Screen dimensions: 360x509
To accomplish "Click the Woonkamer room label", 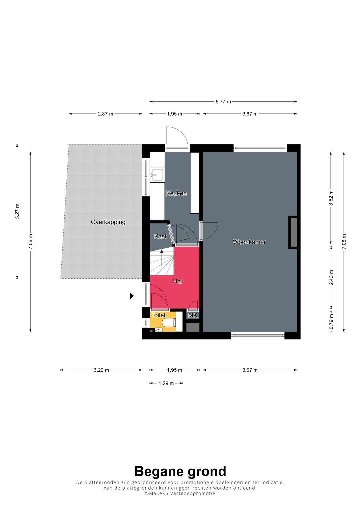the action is pyautogui.click(x=249, y=242).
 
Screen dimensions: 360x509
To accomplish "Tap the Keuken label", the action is pyautogui.click(x=176, y=193).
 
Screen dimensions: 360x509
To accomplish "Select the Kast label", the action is pyautogui.click(x=160, y=236).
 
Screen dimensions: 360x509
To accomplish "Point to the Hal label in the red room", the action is pyautogui.click(x=177, y=281).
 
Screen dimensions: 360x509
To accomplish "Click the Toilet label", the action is pyautogui.click(x=158, y=315).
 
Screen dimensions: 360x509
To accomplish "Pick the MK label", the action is pyautogui.click(x=193, y=315).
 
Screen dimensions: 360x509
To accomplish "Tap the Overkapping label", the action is pyautogui.click(x=108, y=222).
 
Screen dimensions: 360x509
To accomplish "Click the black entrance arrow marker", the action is pyautogui.click(x=132, y=296).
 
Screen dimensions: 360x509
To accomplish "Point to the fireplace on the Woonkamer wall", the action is pyautogui.click(x=293, y=232).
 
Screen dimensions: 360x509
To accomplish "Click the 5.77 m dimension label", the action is pyautogui.click(x=223, y=102).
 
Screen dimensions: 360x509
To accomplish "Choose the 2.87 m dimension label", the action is pyautogui.click(x=105, y=114).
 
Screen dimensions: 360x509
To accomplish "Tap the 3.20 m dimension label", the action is pyautogui.click(x=101, y=370).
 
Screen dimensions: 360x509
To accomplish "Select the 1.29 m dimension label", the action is pyautogui.click(x=166, y=383).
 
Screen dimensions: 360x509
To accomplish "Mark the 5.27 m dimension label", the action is pyautogui.click(x=17, y=211).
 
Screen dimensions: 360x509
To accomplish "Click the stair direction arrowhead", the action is pyautogui.click(x=162, y=251).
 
